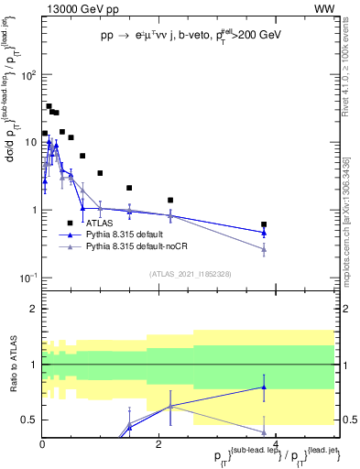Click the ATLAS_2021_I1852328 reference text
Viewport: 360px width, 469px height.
pyautogui.click(x=189, y=274)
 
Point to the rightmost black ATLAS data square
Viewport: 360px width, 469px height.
pyautogui.click(x=264, y=224)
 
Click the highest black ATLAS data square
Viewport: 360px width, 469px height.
pyautogui.click(x=49, y=106)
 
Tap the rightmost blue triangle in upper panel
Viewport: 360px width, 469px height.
pyautogui.click(x=264, y=233)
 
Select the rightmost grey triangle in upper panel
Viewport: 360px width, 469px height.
pyautogui.click(x=264, y=248)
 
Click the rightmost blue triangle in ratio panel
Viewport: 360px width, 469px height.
pyautogui.click(x=264, y=387)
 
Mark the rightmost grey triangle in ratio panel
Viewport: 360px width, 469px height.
pyautogui.click(x=264, y=432)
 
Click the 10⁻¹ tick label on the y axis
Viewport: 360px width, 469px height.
pyautogui.click(x=27, y=278)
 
